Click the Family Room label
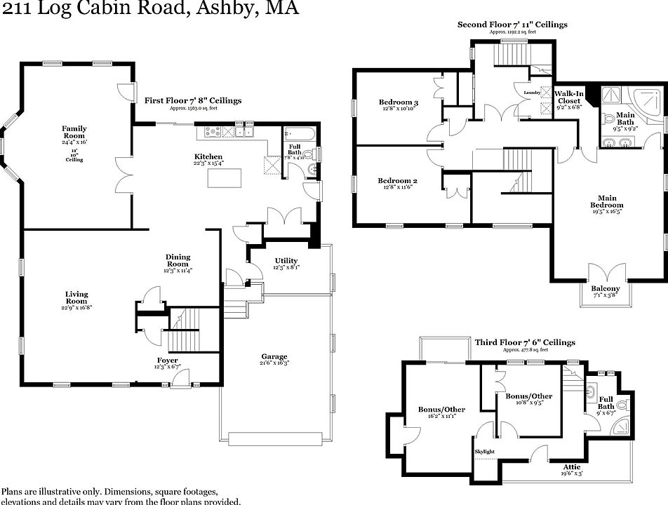point(74,132)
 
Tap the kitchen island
point(226,178)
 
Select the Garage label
point(274,356)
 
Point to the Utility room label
point(286,261)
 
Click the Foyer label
point(168,360)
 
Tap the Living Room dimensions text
point(77,307)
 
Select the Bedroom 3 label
point(399,103)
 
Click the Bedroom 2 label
point(399,180)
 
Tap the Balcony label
point(605,288)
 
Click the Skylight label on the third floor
point(485,451)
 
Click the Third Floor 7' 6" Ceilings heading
point(525,342)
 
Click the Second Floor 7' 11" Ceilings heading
point(512,25)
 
